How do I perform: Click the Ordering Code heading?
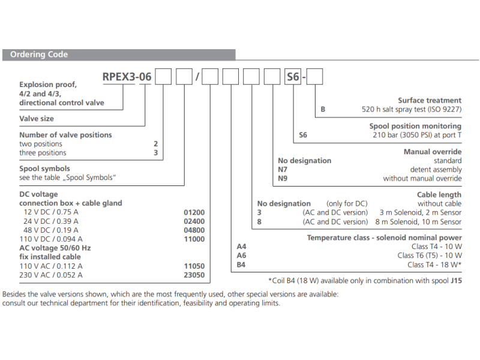[x=39, y=55]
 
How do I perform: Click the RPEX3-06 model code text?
[x=127, y=76]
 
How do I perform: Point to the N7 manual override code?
[x=283, y=170]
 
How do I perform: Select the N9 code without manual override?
[x=283, y=179]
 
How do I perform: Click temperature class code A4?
[x=242, y=247]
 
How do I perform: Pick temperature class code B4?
[x=242, y=265]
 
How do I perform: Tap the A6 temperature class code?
[x=242, y=256]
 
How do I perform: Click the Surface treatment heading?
[x=430, y=101]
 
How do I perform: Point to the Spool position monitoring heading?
[x=415, y=126]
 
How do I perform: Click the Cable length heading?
[x=439, y=194]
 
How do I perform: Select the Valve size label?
[x=37, y=119]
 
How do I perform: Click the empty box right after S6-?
[x=315, y=77]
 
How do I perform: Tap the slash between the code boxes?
[x=203, y=77]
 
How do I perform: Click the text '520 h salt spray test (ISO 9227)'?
[x=412, y=110]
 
